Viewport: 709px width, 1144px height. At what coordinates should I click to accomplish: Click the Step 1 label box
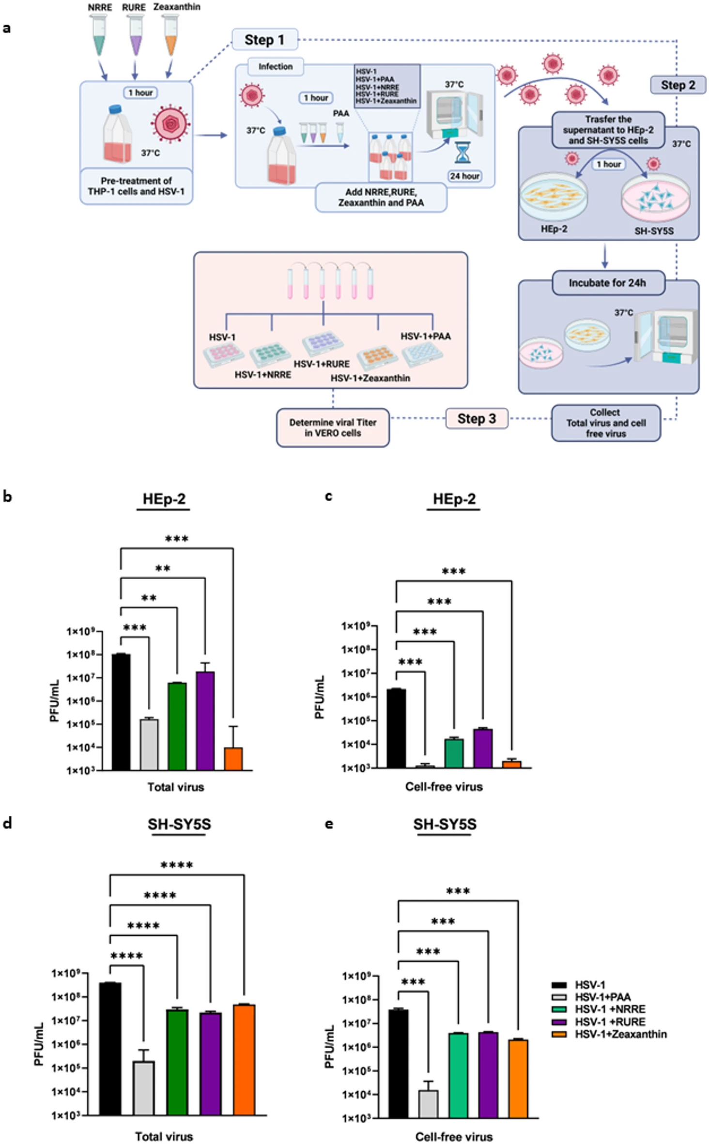(264, 40)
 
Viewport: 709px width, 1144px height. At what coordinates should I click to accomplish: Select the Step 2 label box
(678, 85)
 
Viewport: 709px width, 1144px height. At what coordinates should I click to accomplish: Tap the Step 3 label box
(477, 419)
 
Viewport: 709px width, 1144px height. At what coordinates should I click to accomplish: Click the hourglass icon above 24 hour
(462, 153)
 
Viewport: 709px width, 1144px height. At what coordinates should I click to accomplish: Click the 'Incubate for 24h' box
(608, 283)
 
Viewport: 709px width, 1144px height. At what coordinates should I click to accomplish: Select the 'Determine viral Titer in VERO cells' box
(333, 427)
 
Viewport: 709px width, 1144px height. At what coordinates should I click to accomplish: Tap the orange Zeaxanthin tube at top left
(170, 36)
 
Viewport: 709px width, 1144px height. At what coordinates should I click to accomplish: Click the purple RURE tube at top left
(136, 36)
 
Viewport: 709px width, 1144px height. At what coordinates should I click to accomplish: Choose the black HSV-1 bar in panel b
(121, 712)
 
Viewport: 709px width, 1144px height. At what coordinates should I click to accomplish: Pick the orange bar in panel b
(233, 759)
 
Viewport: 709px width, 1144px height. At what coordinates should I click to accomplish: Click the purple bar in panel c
(483, 748)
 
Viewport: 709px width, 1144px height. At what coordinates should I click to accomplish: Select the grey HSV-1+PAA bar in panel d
(144, 1088)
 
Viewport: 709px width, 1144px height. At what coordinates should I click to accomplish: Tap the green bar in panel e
(458, 1075)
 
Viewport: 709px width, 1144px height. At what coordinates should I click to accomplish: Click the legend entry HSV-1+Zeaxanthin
(620, 1034)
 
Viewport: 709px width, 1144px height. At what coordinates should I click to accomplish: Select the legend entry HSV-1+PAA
(602, 997)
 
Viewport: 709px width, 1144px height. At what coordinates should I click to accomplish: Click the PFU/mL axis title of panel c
(319, 697)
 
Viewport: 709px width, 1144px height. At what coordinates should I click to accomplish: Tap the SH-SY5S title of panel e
(445, 824)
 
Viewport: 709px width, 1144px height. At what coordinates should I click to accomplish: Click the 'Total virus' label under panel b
(176, 787)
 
